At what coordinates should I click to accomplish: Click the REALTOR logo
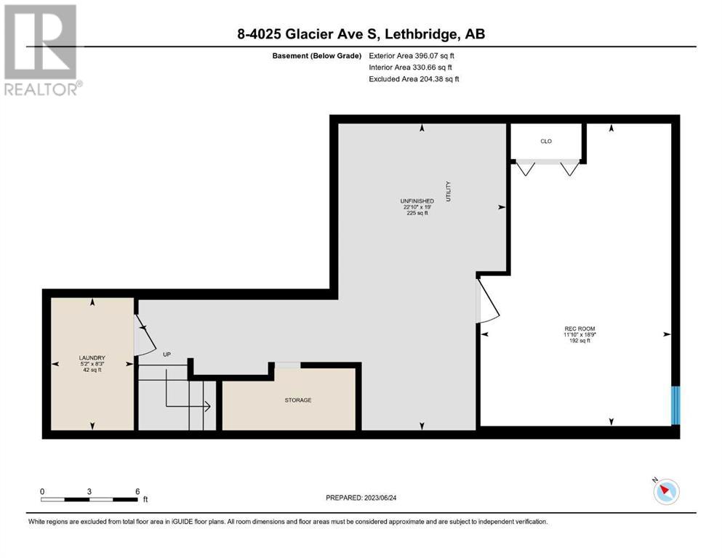pyautogui.click(x=41, y=49)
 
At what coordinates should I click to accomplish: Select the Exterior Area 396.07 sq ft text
pyautogui.click(x=412, y=56)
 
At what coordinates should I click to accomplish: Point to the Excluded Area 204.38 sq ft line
pyautogui.click(x=414, y=78)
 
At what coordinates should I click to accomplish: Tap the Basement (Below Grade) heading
pyautogui.click(x=317, y=56)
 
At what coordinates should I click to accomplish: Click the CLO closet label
pyautogui.click(x=546, y=141)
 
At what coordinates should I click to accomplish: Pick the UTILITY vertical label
pyautogui.click(x=449, y=191)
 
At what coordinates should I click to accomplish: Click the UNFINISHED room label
pyautogui.click(x=417, y=201)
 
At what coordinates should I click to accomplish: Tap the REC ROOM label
pyautogui.click(x=579, y=328)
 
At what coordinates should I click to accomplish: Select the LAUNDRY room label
pyautogui.click(x=92, y=357)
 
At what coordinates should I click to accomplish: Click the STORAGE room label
pyautogui.click(x=298, y=400)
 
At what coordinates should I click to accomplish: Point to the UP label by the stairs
pyautogui.click(x=167, y=355)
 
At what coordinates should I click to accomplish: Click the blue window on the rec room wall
pyautogui.click(x=675, y=405)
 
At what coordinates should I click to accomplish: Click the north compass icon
pyautogui.click(x=666, y=491)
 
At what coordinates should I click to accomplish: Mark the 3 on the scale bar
pyautogui.click(x=89, y=492)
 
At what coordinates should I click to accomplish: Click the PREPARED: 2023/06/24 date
pyautogui.click(x=361, y=498)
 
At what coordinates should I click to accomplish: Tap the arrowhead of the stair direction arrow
pyautogui.click(x=208, y=406)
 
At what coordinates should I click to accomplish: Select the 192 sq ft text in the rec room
pyautogui.click(x=579, y=341)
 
